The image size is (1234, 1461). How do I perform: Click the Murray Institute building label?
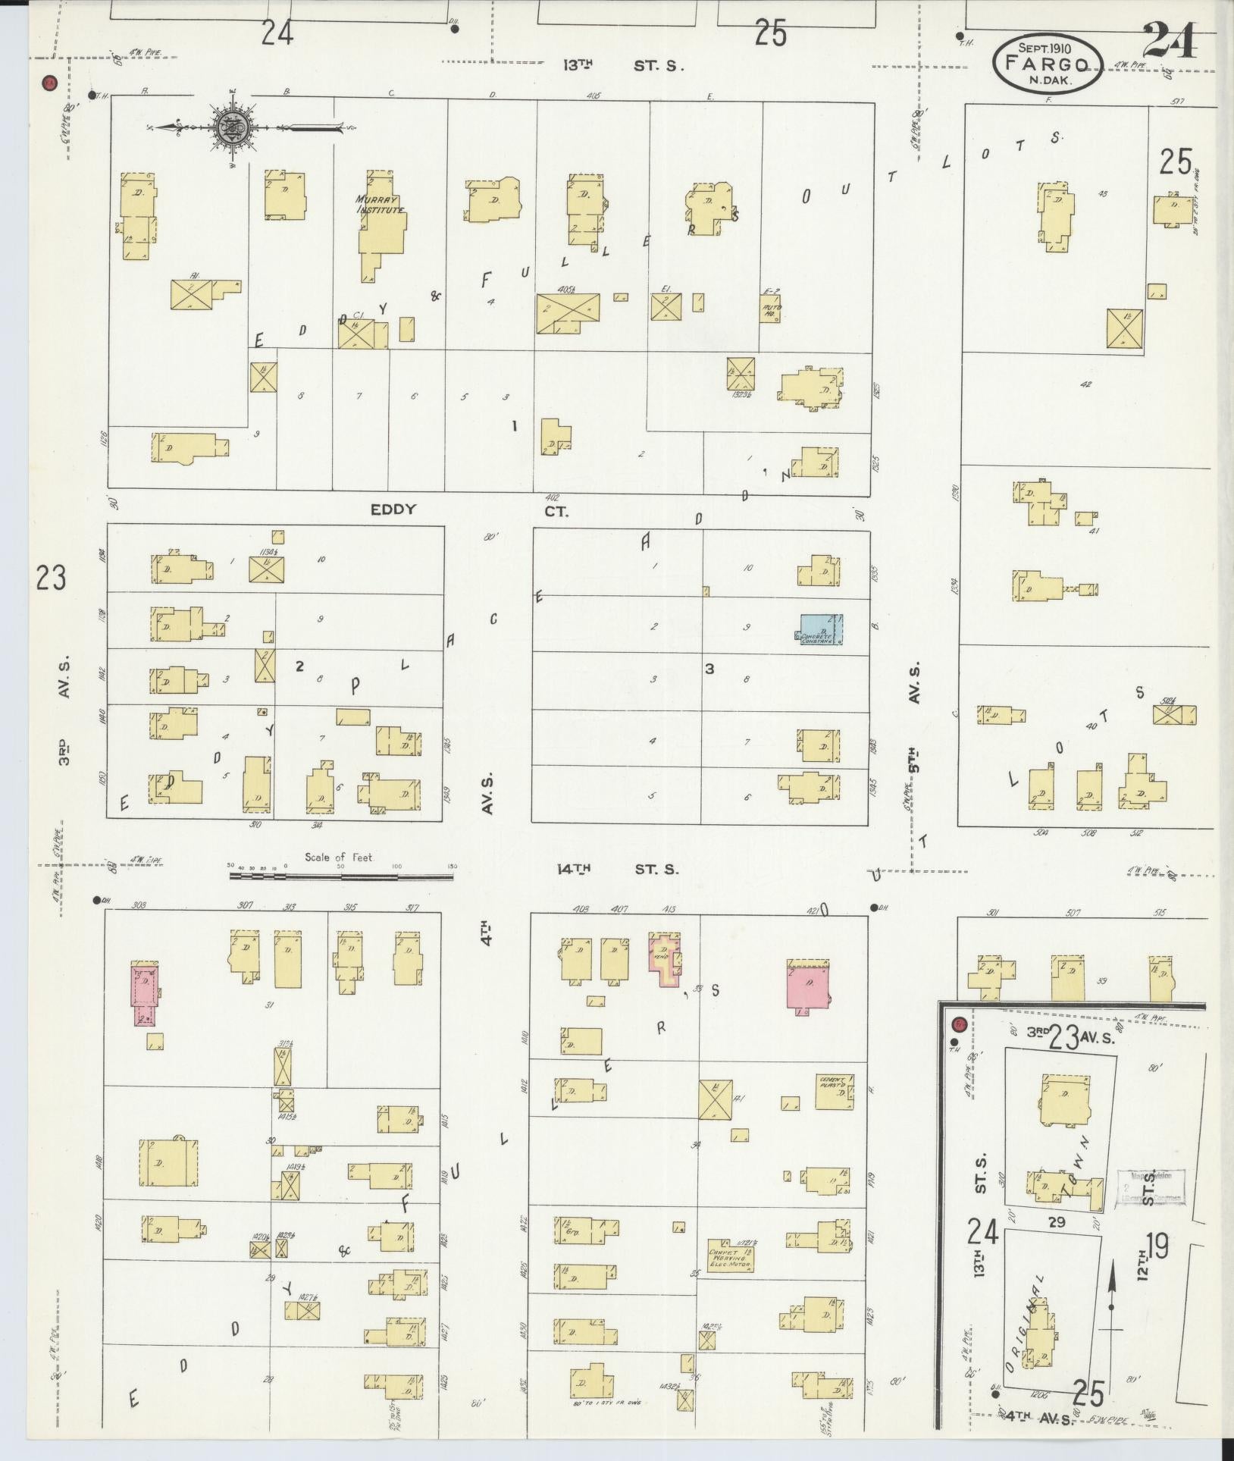[380, 205]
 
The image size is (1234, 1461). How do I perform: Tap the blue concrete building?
[822, 629]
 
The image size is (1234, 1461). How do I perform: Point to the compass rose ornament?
[228, 127]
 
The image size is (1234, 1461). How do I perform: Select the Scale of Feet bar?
[341, 876]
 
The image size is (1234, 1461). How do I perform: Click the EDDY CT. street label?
[470, 510]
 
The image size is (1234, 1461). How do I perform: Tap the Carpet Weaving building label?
[730, 1258]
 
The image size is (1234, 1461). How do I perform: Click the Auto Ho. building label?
[771, 309]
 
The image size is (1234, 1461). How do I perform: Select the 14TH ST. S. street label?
[615, 869]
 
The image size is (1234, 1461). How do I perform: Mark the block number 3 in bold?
[709, 669]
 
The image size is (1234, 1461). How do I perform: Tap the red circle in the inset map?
[958, 1024]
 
